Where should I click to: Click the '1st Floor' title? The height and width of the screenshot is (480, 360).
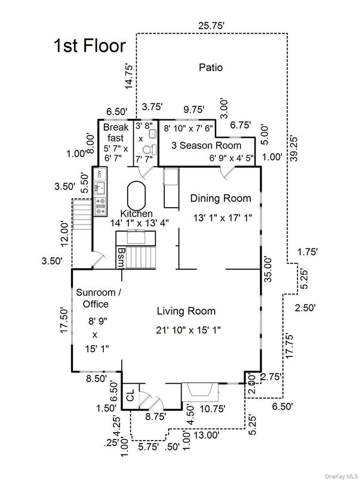tap(90, 46)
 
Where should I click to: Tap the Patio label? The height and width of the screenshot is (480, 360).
tap(210, 67)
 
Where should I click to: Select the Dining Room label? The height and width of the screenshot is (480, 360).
tap(220, 198)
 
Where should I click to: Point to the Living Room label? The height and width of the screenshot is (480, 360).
tap(186, 311)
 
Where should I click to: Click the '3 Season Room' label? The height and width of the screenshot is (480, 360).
tap(207, 145)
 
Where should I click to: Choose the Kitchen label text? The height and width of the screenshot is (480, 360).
tap(136, 214)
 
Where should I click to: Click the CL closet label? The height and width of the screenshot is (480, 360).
tap(129, 396)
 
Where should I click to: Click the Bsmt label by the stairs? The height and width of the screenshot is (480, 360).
tap(121, 259)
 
